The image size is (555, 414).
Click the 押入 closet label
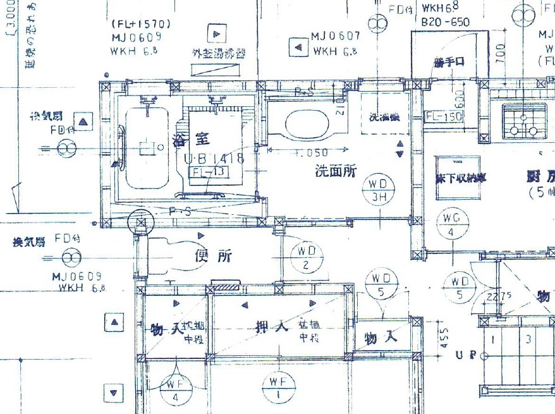coord(271,327)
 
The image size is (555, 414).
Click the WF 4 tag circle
coord(175,391)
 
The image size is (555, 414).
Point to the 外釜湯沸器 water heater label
coord(219,54)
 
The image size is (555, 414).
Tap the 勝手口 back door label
coord(449,62)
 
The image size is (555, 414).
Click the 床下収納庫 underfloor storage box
coord(457,178)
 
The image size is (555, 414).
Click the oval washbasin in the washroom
coord(306,122)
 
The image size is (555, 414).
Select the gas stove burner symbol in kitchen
coord(523,121)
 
